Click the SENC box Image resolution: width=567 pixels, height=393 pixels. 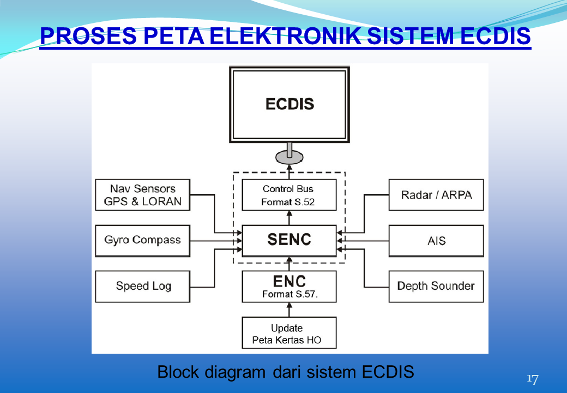289,240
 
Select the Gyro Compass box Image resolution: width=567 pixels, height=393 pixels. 142,240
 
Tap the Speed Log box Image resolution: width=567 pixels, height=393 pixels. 142,286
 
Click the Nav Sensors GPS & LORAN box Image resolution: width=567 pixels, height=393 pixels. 142,195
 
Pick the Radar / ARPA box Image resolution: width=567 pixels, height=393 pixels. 436,195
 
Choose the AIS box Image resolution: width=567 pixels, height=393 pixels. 436,240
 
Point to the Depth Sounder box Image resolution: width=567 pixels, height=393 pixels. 436,286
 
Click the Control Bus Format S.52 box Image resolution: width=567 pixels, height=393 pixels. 289,195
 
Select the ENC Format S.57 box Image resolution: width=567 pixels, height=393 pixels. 289,287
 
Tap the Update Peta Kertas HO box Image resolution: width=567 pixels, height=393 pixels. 289,333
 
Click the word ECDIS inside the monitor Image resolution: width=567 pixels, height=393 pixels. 289,104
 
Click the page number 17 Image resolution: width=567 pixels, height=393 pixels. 532,379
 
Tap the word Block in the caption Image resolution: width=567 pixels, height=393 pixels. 178,372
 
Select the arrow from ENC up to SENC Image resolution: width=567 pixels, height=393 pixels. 289,264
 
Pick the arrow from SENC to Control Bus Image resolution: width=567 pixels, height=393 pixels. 289,218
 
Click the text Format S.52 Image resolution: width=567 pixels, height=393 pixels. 288,203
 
